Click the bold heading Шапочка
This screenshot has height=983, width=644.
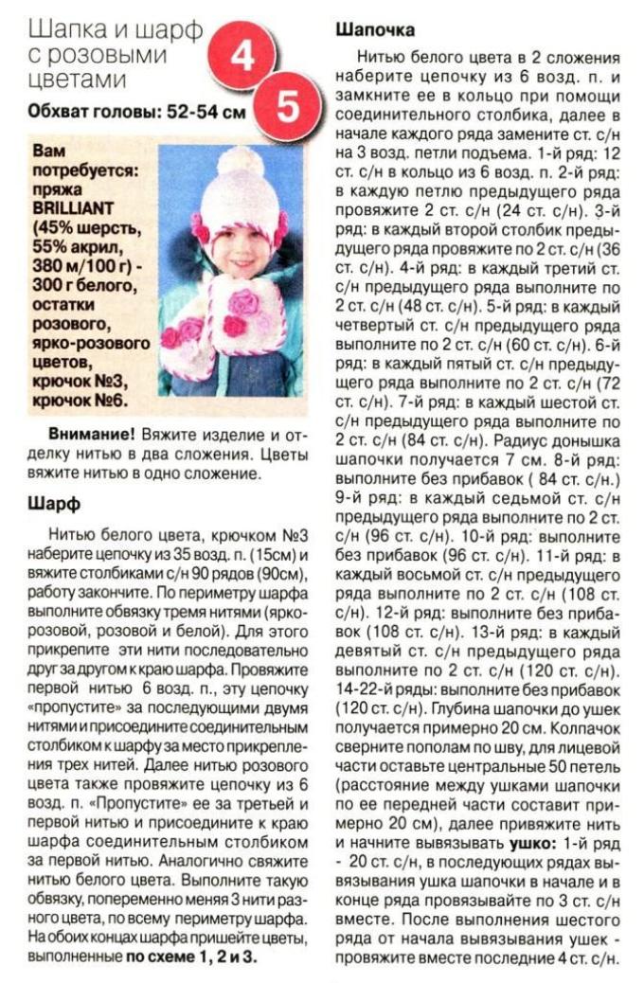(374, 30)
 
